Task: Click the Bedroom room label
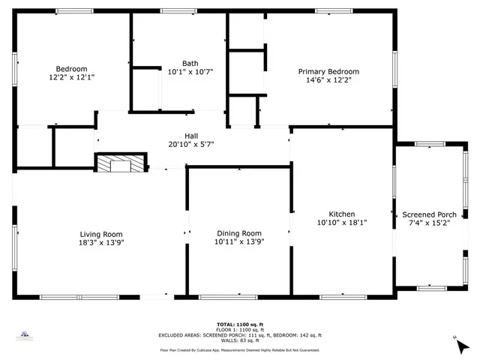point(72,68)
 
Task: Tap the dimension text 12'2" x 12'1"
point(72,77)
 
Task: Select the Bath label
point(190,63)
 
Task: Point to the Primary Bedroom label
point(325,71)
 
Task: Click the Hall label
point(191,135)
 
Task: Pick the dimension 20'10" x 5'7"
point(191,144)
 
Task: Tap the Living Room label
point(102,233)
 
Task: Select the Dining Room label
point(239,233)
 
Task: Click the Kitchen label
point(341,214)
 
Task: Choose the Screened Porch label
point(429,214)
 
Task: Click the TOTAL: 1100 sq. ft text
point(239,323)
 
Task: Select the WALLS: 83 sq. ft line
point(239,340)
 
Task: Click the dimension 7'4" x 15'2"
point(429,223)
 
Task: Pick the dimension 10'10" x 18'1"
point(341,223)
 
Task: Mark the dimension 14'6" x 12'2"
point(325,79)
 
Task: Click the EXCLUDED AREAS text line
point(239,334)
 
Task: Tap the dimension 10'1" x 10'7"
point(190,72)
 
